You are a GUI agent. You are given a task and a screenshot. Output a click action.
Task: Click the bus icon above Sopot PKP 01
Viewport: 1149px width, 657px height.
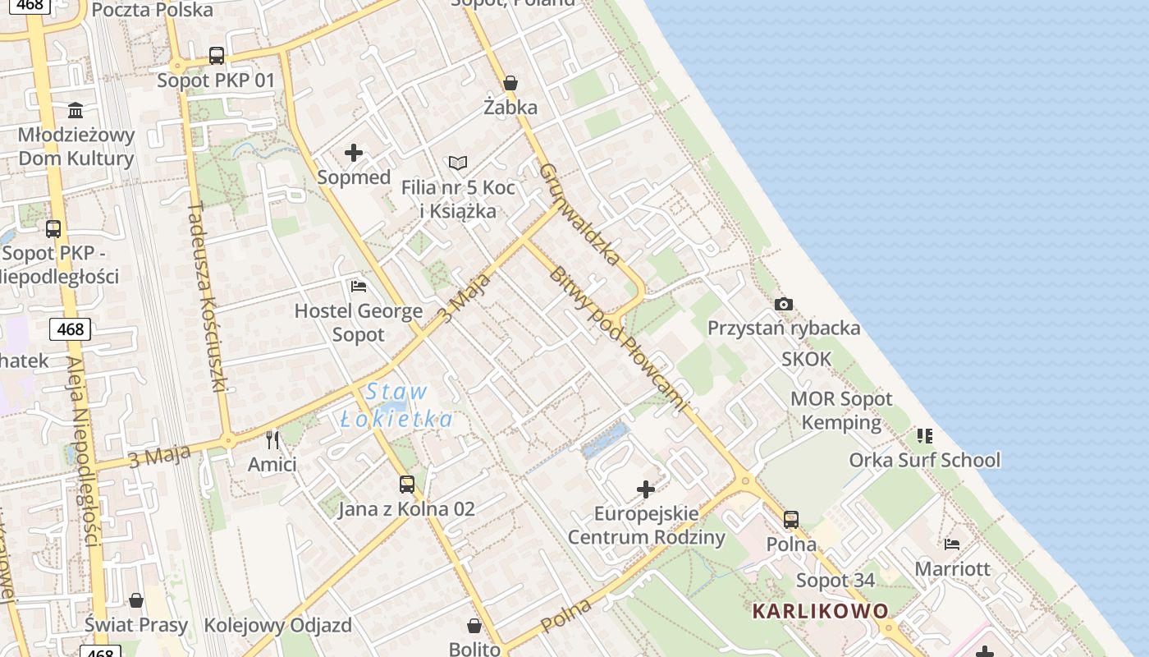(216, 56)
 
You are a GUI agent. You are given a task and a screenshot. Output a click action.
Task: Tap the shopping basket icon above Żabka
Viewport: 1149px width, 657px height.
(510, 83)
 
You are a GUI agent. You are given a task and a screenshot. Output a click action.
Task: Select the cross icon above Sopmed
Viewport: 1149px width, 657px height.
(354, 153)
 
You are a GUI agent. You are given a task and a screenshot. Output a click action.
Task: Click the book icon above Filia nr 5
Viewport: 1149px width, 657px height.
(458, 163)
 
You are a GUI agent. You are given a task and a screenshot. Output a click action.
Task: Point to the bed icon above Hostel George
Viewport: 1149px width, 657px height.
(359, 287)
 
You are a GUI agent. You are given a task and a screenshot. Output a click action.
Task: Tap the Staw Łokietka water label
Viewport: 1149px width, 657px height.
(396, 406)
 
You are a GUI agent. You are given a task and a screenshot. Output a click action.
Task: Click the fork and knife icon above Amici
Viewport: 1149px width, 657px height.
(272, 440)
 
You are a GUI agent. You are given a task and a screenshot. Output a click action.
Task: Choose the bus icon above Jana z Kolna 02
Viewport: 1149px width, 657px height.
(406, 485)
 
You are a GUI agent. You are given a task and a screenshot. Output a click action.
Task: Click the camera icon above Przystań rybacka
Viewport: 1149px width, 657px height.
(784, 304)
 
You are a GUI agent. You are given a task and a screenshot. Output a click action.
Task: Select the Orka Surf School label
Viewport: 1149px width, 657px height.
(924, 460)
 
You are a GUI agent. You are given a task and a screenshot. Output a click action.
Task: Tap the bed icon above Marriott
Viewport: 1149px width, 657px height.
(952, 544)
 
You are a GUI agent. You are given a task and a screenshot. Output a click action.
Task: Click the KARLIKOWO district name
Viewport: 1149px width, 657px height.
(821, 611)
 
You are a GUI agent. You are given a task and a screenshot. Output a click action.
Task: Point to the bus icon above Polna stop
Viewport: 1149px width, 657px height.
(791, 520)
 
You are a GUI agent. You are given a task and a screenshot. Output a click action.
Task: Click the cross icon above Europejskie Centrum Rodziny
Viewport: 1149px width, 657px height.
(646, 490)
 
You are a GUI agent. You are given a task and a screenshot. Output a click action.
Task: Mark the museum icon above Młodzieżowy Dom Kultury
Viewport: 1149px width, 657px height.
(76, 110)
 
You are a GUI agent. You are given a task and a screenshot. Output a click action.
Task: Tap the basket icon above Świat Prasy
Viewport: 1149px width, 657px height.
(136, 600)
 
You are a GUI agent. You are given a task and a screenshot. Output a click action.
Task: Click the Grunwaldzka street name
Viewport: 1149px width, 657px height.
(580, 214)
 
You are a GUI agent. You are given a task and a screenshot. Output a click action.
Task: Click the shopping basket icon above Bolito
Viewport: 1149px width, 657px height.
(474, 626)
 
